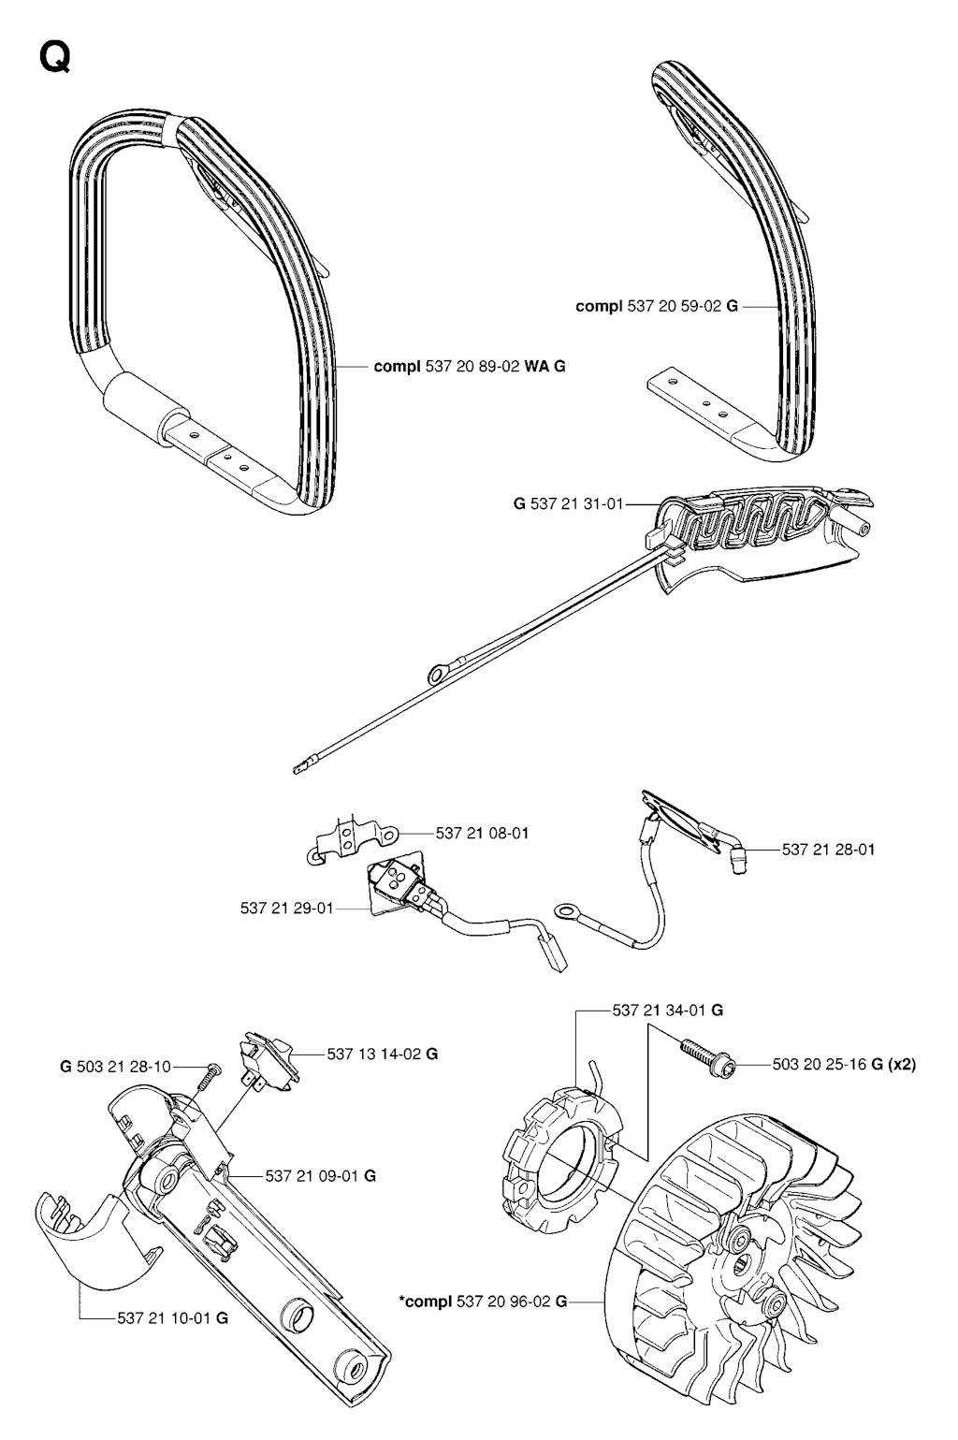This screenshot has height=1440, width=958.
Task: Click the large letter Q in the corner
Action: [x=52, y=59]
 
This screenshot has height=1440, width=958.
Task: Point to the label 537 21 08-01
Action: [x=482, y=833]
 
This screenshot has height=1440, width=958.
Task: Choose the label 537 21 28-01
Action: [x=828, y=850]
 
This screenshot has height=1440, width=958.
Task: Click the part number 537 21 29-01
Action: [x=286, y=908]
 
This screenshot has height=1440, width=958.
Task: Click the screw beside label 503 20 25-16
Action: [x=702, y=1055]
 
